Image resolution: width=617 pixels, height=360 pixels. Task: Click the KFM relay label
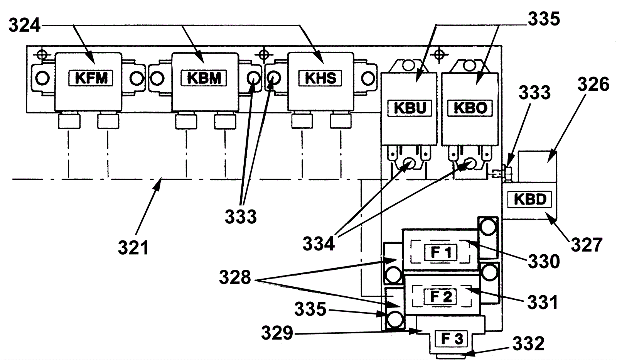pos(91,78)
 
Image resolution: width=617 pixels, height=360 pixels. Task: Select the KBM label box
pos(204,78)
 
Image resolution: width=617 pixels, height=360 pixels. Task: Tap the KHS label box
pos(320,78)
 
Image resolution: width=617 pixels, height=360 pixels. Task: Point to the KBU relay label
pos(410,108)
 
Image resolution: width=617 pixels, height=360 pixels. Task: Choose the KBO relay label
pos(470,108)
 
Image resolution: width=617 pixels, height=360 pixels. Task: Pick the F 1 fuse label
pos(441,252)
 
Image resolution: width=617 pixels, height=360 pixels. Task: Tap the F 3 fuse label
pos(452,339)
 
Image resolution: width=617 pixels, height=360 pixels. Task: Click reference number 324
pos(25,25)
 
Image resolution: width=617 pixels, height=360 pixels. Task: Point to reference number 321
pos(133,247)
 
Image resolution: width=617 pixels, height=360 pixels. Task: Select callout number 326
pos(593,84)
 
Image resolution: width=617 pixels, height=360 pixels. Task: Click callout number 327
pos(587,245)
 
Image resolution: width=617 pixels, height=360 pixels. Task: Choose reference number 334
pos(319,243)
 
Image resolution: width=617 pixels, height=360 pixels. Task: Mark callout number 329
pos(277,333)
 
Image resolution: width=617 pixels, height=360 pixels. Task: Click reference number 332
pos(529,343)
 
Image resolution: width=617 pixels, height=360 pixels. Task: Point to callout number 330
pos(544,261)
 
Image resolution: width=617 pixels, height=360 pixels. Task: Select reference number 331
pos(543,303)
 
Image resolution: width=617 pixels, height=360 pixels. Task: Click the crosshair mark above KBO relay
pos(439,54)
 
